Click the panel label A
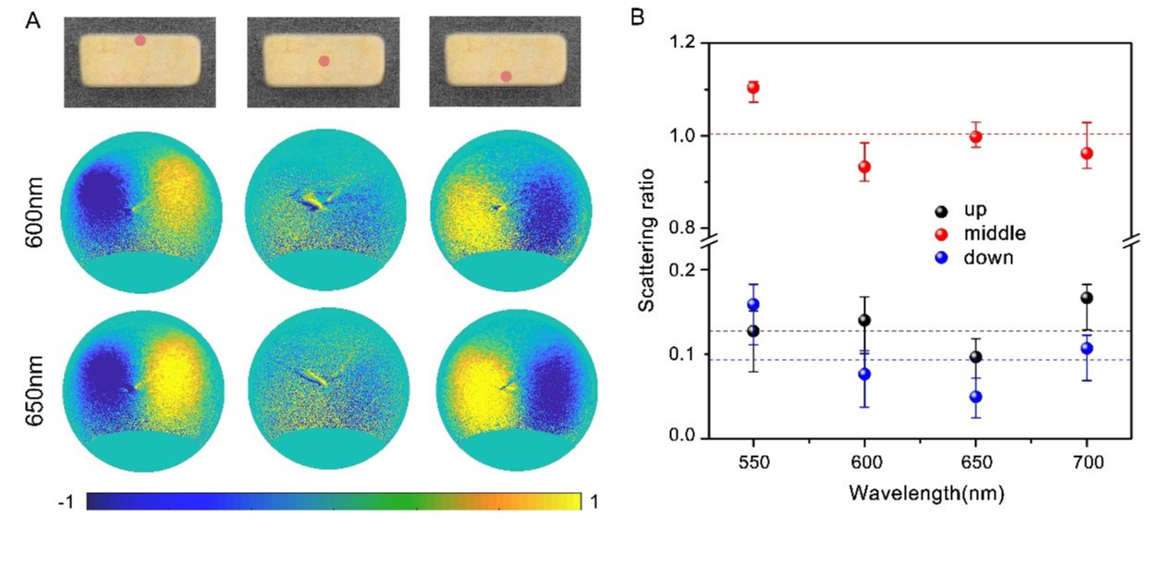32,23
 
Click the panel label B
639,17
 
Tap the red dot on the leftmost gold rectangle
140,41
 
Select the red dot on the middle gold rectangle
324,61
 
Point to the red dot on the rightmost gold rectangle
506,77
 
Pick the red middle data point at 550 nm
753,88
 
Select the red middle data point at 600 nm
864,167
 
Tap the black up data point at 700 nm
1087,298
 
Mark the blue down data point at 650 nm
975,397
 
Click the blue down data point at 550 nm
753,304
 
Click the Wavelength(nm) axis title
924,493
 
